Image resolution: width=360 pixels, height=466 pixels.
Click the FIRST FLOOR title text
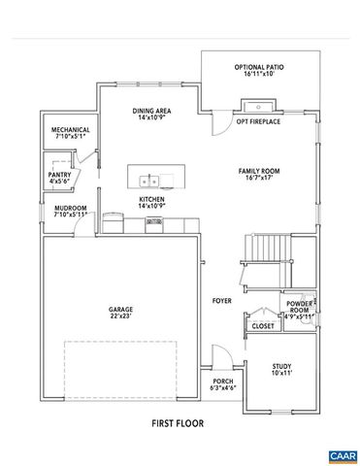point(180,423)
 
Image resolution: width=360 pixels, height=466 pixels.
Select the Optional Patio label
point(256,67)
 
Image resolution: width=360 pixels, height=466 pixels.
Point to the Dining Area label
point(153,111)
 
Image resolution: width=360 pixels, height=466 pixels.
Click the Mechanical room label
point(71,130)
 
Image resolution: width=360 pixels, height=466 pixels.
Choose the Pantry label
point(59,174)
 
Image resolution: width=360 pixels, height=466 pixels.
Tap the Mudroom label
point(71,208)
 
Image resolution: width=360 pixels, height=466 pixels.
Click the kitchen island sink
point(150,180)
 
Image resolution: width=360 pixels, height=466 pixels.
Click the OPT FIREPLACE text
point(259,122)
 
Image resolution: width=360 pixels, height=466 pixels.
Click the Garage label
point(121,310)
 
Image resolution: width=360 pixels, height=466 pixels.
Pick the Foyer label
point(221,301)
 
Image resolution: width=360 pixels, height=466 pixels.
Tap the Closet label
point(262,326)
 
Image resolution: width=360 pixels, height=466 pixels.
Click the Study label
point(281,366)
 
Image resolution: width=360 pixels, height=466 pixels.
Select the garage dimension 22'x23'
point(121,316)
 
